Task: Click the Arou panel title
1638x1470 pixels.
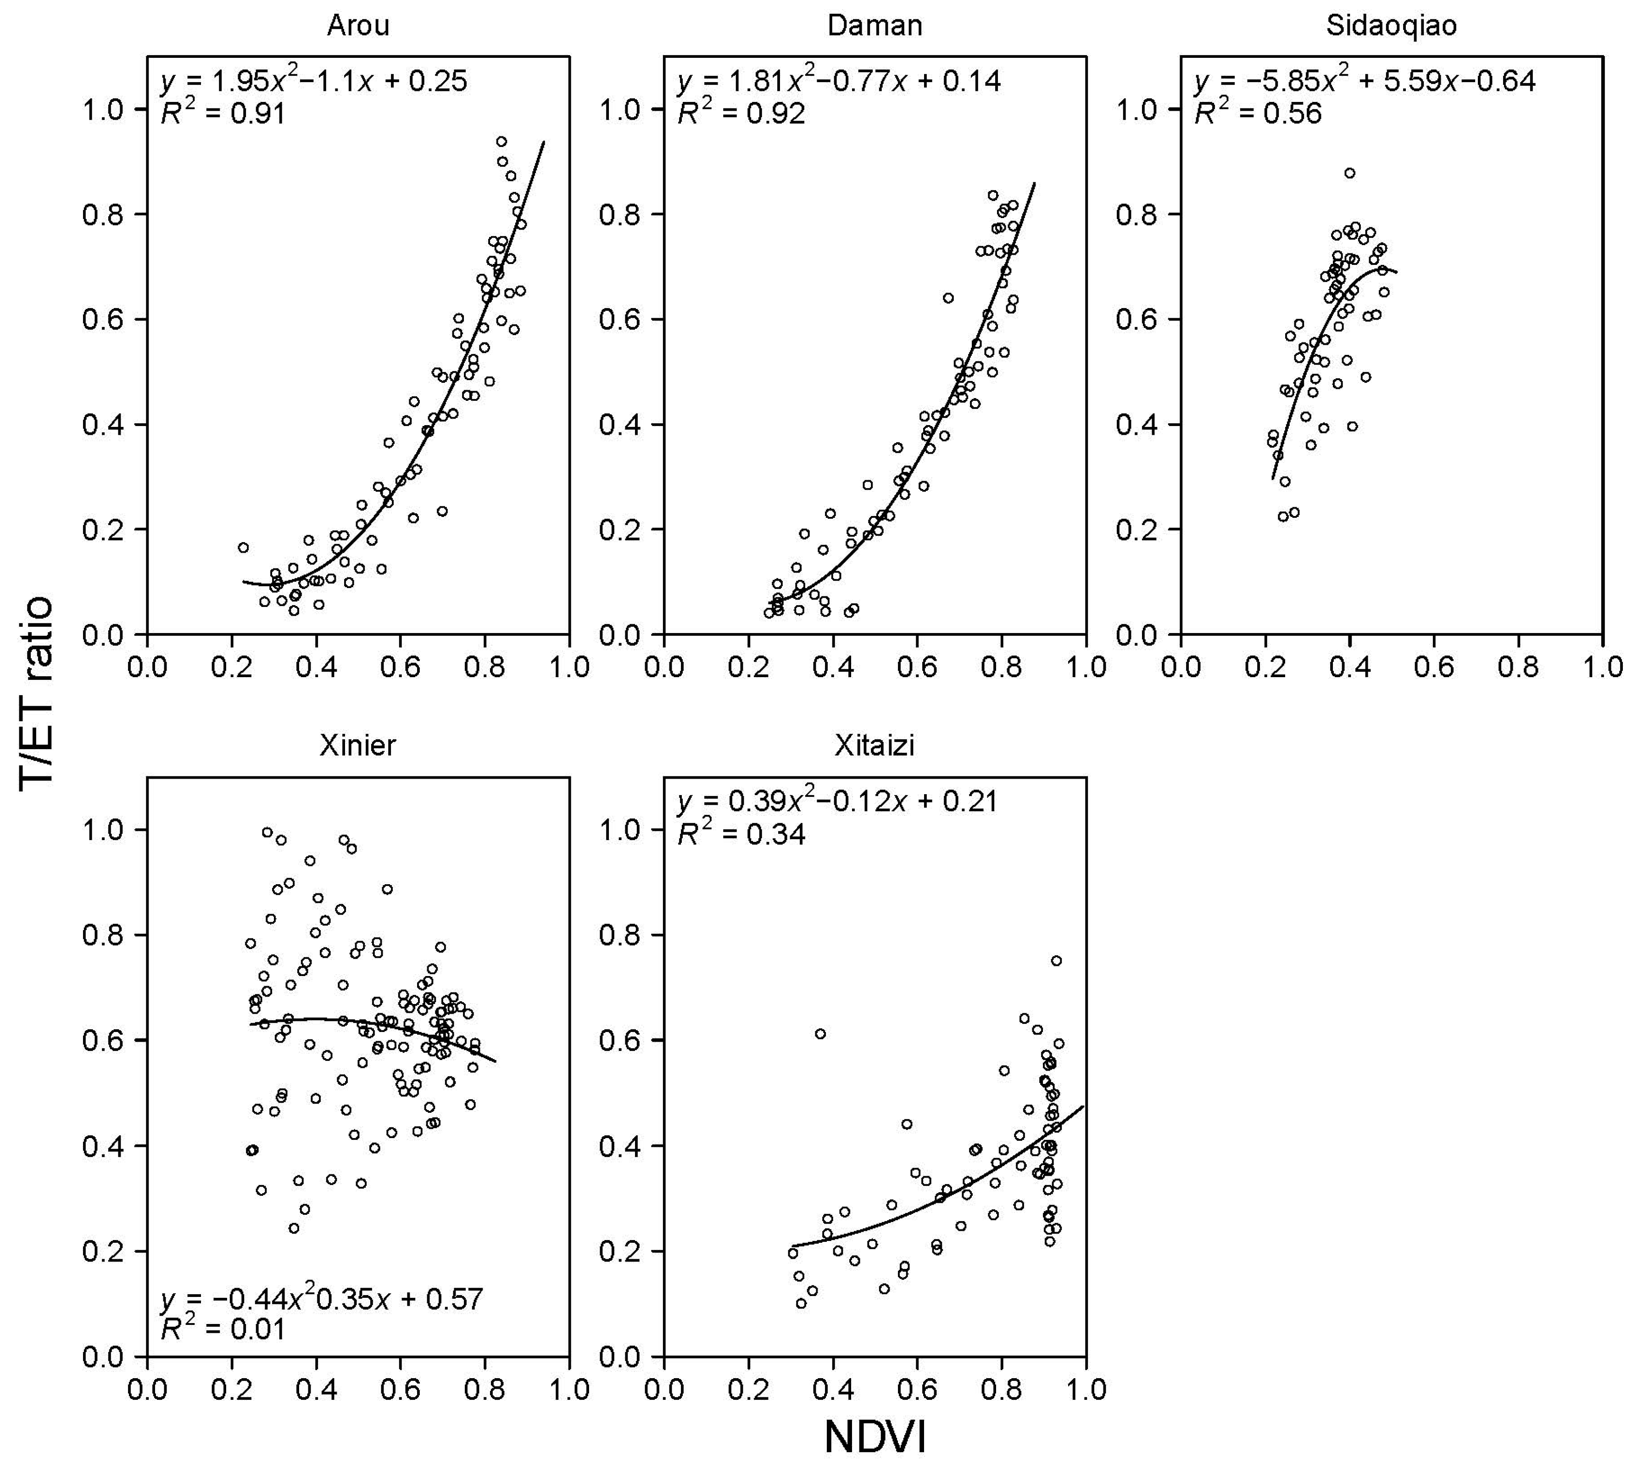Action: point(357,26)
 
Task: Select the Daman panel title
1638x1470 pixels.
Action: point(875,26)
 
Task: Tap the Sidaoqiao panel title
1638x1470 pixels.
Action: point(1391,26)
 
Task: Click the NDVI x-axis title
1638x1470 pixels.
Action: point(875,1438)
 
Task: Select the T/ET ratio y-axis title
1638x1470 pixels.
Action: point(36,690)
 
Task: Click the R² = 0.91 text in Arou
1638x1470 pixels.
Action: point(223,114)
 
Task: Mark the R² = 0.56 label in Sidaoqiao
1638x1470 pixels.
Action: point(1258,114)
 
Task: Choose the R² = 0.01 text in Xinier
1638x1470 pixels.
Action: point(223,1329)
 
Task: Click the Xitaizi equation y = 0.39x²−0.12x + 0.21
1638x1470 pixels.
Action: point(837,801)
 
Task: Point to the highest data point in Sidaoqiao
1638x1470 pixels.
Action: point(1349,173)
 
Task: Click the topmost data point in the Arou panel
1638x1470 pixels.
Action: point(501,141)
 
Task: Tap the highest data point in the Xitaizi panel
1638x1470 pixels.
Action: point(1056,960)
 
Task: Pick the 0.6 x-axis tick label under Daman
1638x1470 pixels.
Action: point(916,667)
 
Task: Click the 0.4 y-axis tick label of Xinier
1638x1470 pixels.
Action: point(103,1146)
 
